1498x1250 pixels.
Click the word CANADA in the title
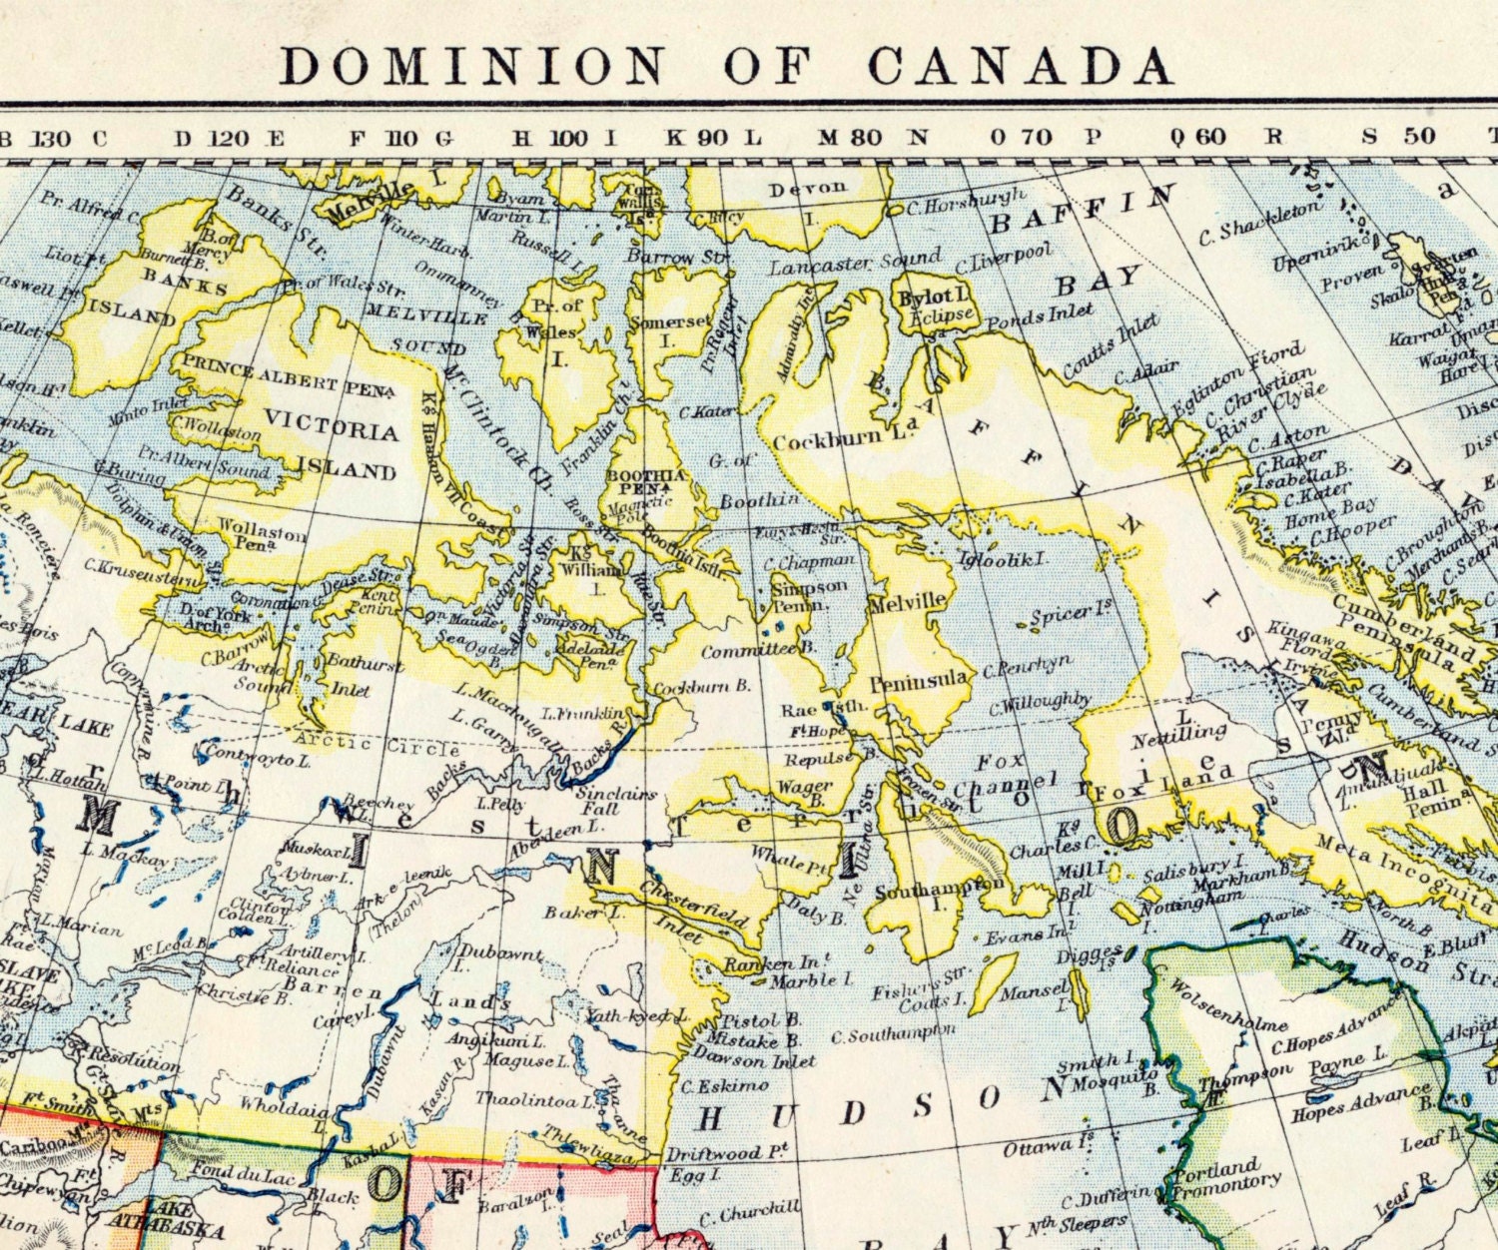(x=1020, y=65)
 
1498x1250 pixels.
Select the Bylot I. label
(x=932, y=297)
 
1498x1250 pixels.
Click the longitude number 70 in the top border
(x=1036, y=137)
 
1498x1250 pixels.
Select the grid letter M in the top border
(x=827, y=138)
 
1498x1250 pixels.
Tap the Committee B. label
(x=744, y=651)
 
